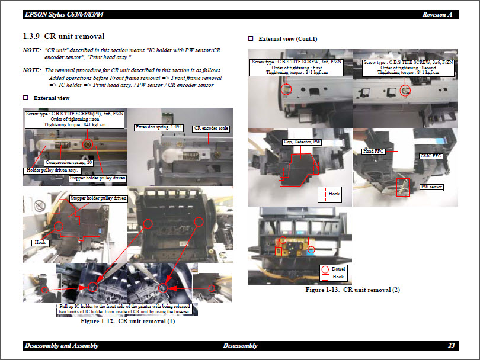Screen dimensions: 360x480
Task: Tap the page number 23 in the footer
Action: tap(452, 345)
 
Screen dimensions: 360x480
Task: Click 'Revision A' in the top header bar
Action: tap(438, 14)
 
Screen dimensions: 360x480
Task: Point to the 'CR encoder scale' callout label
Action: tap(212, 128)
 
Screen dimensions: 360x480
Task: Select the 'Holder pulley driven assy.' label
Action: tap(53, 171)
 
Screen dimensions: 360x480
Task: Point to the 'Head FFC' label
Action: tap(373, 152)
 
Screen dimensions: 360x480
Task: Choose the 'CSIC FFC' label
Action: tap(430, 156)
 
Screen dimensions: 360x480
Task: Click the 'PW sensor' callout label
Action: tap(431, 187)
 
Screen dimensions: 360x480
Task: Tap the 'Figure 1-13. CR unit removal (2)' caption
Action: tap(353, 290)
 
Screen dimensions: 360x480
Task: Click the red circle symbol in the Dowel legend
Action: tap(325, 269)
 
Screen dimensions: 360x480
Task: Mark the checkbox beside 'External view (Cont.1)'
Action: tap(251, 38)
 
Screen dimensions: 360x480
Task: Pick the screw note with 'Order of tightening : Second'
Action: tap(408, 67)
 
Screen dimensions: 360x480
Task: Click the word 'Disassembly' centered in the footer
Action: tap(240, 345)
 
